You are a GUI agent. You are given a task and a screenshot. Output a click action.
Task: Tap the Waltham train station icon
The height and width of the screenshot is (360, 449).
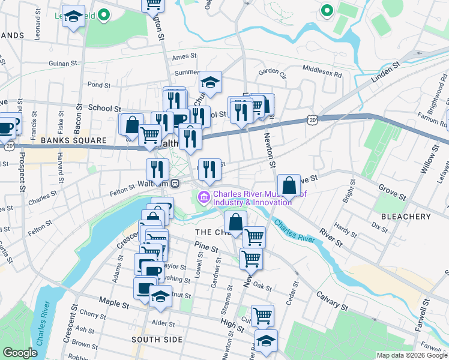175,183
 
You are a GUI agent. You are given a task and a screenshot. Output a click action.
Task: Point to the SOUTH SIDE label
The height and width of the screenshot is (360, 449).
157,340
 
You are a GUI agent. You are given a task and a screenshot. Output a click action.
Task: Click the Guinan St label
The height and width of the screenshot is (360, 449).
64,62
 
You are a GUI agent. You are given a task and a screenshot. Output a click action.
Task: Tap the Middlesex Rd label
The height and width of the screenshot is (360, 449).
322,72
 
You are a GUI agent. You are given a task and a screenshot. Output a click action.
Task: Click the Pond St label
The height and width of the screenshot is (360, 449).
99,85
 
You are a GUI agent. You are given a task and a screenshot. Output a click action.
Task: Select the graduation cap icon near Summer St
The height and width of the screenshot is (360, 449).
210,82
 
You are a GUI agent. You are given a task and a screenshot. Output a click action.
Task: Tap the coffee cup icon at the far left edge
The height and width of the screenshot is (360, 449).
6,127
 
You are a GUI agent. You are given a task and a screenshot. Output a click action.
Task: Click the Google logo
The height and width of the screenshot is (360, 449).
20,353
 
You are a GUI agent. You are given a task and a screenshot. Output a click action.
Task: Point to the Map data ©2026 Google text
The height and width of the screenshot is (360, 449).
411,355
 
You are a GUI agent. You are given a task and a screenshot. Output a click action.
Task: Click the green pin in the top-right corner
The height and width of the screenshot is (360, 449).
327,10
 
